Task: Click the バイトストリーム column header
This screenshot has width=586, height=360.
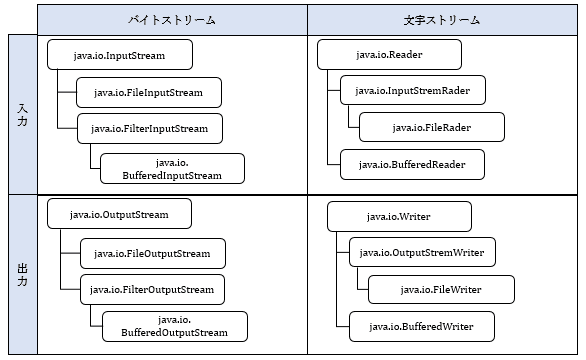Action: [x=172, y=19]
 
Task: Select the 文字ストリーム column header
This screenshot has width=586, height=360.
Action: [x=443, y=19]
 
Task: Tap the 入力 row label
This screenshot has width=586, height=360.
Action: [x=22, y=114]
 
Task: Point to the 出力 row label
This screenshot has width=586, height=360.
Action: [x=22, y=274]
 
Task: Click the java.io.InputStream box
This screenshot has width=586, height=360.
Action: [x=119, y=55]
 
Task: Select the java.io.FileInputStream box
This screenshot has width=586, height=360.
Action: [x=148, y=93]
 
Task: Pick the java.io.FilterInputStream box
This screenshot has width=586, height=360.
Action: [x=150, y=128]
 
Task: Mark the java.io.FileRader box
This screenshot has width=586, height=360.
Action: [x=432, y=127]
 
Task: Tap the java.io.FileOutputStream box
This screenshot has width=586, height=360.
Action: [x=152, y=253]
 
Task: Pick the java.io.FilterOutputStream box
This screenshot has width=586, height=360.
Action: [x=152, y=290]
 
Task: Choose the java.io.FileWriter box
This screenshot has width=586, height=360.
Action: [x=441, y=289]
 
